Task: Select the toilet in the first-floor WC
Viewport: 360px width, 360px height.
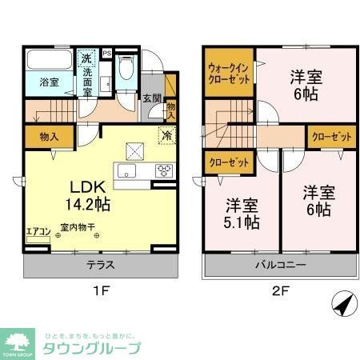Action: pos(122,70)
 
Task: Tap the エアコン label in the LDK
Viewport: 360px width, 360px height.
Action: pos(38,231)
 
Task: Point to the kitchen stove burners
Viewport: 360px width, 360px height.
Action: pos(165,169)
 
